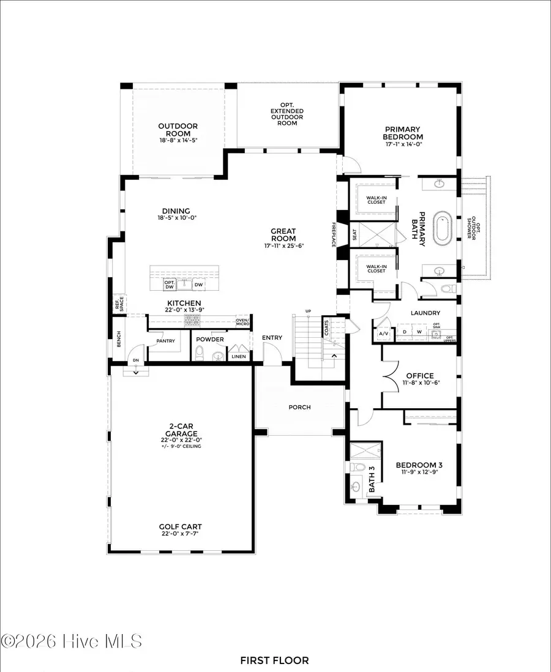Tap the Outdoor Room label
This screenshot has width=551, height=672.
point(178,130)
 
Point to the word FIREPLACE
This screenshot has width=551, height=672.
point(334,235)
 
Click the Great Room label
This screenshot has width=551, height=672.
point(283,235)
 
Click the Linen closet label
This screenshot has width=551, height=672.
point(238,355)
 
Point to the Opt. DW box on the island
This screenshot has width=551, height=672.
point(170,285)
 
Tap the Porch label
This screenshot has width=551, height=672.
point(300,407)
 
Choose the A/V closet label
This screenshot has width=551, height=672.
point(384,334)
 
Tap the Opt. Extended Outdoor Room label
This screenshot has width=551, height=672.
point(287,114)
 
